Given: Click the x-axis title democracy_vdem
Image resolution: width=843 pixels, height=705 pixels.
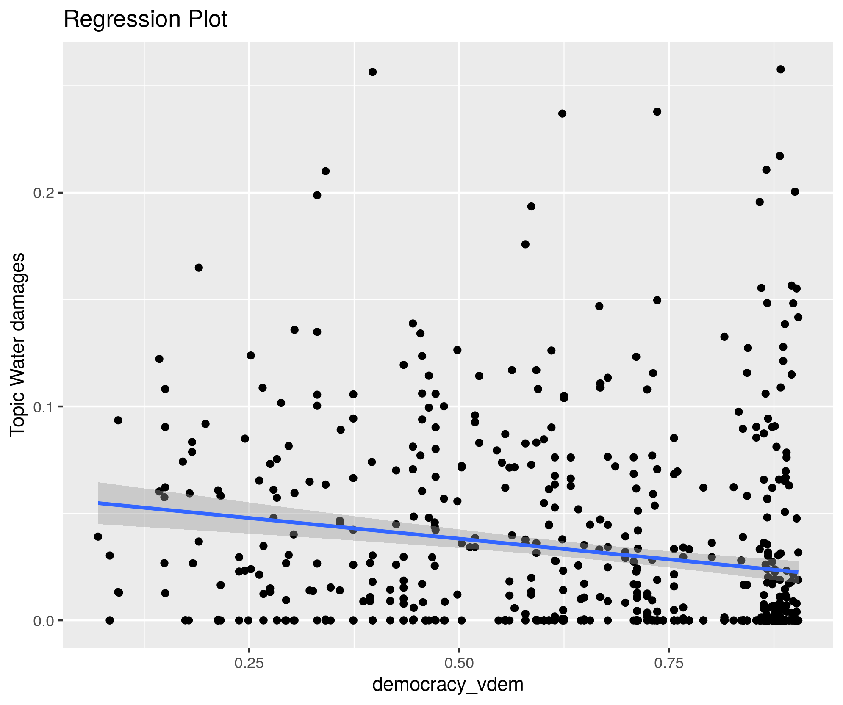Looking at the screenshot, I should coord(448,685).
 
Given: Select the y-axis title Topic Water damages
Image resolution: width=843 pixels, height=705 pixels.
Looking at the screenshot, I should coord(17,344).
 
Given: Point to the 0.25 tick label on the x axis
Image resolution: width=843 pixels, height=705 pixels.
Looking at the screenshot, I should coord(249,664).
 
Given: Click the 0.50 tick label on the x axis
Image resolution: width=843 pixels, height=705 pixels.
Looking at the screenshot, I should coord(459,664).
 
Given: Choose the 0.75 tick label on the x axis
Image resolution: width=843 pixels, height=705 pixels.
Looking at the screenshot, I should coord(669,664).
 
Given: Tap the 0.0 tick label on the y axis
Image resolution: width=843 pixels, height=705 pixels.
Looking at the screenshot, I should coord(44,621).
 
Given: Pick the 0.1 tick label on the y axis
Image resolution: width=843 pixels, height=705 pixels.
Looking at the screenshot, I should coord(44,407).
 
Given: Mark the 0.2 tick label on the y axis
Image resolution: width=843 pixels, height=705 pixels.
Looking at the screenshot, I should coord(44,193).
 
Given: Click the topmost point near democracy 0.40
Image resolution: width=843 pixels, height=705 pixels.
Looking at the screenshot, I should coord(372,72).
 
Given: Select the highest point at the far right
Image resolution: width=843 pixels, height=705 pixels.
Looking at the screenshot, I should coord(780,69).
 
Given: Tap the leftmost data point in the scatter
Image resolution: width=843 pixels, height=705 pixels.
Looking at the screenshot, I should coord(98,536).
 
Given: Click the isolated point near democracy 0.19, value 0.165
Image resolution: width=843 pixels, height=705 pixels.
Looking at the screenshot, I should coord(199,268).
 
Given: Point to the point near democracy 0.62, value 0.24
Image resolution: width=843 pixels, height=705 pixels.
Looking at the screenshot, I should coord(562,113).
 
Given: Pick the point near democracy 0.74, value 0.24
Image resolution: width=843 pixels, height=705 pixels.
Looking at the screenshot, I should coord(657,112).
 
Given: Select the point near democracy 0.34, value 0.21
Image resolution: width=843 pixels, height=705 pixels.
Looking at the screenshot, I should coord(325,171).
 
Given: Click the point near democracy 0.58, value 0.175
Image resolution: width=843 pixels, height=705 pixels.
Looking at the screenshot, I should coord(525,244).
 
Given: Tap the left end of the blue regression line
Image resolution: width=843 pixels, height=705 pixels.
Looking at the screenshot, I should coord(99,503).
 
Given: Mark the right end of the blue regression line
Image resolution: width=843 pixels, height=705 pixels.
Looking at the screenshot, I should coord(798,572).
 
